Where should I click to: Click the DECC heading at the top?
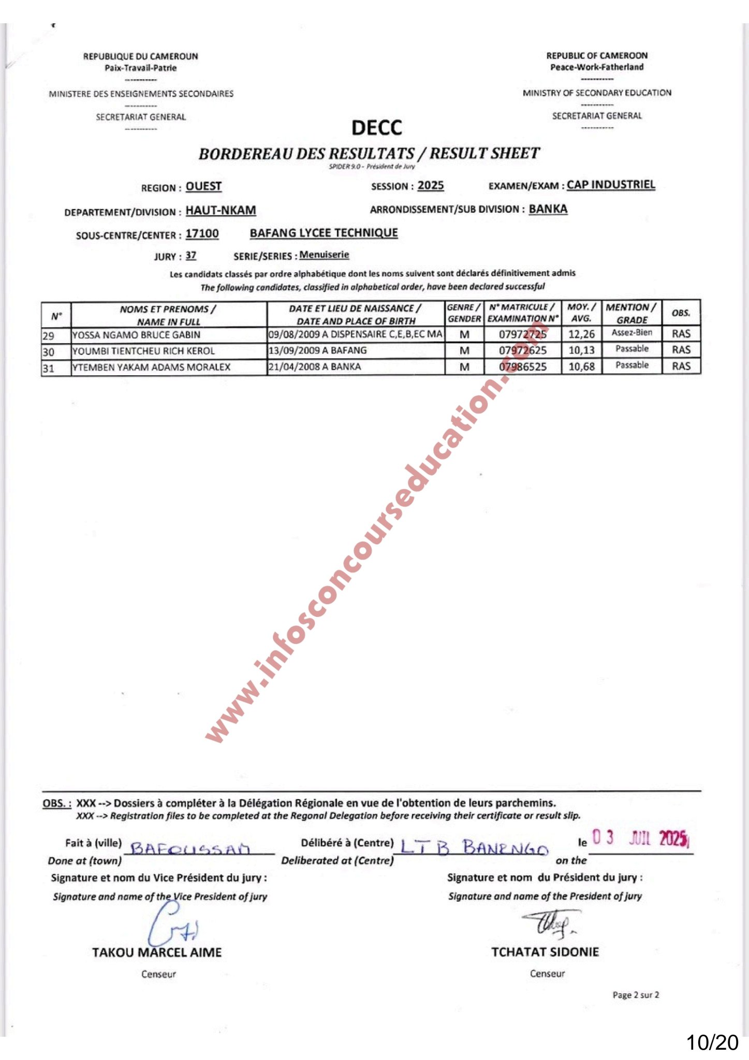pos(376,127)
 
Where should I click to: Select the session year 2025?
pos(431,186)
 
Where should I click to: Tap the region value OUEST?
pos(203,186)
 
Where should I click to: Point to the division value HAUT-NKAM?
pos(221,210)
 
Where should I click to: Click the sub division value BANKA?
pos(548,209)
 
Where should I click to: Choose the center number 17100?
pos(202,234)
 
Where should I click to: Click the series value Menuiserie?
pos(324,255)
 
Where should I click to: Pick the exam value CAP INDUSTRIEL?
pos(611,185)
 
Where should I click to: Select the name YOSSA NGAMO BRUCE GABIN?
pos(136,335)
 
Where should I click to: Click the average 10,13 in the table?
pos(581,350)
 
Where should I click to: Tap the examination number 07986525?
pos(522,367)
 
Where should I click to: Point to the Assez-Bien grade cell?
pos(631,333)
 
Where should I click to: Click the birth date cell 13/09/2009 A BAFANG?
pos(317,350)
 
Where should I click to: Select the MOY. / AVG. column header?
pos(581,313)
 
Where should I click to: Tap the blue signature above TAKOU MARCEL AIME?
pos(171,925)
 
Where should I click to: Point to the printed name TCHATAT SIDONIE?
pos(545,952)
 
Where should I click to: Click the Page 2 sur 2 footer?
pos(636,995)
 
